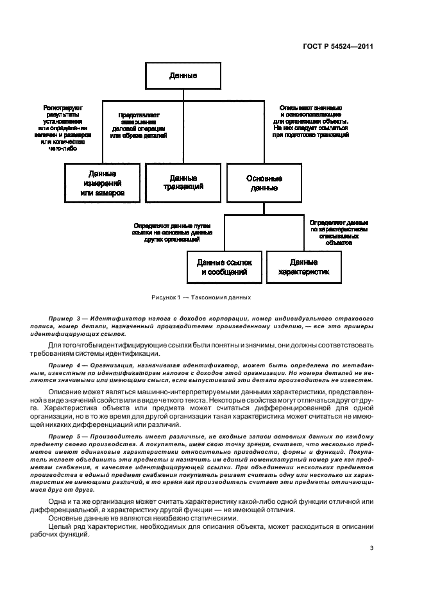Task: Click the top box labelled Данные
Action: coord(183,76)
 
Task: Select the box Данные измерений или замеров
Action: coord(103,183)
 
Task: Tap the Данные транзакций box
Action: coord(183,183)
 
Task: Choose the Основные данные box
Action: coord(263,183)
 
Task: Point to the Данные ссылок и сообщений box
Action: coord(224,267)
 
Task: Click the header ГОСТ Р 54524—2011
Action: coord(339,46)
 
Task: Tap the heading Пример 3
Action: coord(64,319)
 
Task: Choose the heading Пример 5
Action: coord(64,435)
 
